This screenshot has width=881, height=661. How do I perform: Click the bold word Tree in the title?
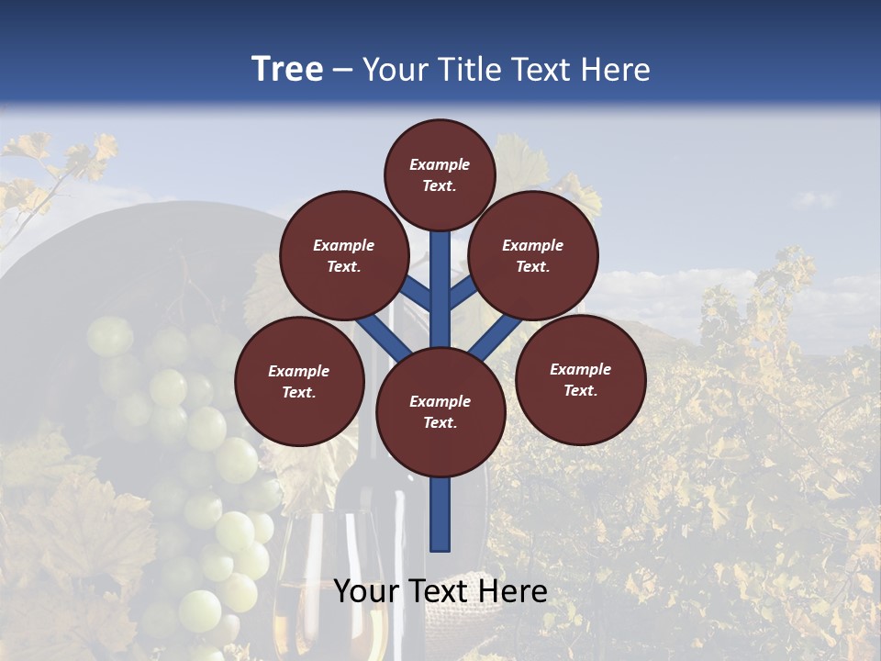coord(287,69)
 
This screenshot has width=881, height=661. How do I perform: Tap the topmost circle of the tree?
coord(440,174)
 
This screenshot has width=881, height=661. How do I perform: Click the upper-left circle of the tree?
coord(344,255)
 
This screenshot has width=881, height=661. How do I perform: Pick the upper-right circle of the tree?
coord(533,255)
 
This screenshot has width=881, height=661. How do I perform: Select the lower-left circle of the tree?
coord(299,381)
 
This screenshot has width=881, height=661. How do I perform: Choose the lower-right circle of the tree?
coord(580,379)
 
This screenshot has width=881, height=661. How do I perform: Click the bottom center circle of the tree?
coord(440,411)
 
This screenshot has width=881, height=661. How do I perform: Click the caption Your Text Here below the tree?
coord(440,591)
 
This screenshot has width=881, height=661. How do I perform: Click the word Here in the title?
coord(619,69)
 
